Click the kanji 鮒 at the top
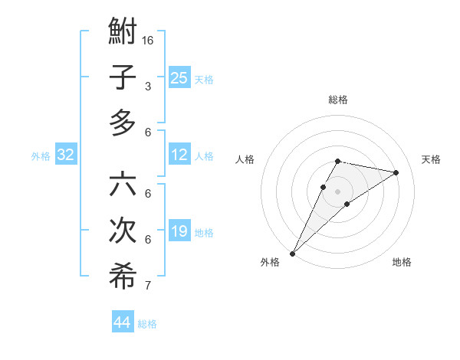point(123,33)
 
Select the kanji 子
point(123,77)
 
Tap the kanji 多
point(123,123)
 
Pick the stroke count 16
point(148,40)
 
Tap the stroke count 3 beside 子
point(148,86)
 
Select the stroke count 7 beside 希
point(148,286)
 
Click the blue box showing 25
point(179,77)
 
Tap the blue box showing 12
point(179,155)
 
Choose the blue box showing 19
point(179,231)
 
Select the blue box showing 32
point(66,155)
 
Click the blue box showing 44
point(123,322)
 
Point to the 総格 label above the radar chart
point(337,100)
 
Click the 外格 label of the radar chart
point(270,262)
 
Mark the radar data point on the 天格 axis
point(396,173)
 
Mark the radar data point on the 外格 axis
point(292,253)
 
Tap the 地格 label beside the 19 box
point(204,233)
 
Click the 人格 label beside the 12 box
point(204,156)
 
